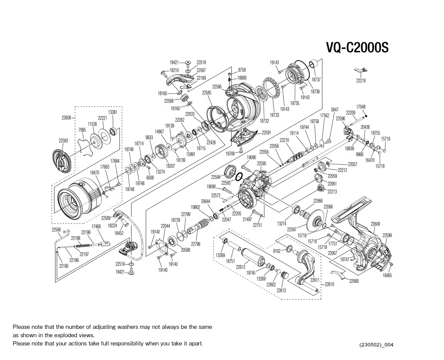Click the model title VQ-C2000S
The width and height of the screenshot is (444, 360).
tap(357, 48)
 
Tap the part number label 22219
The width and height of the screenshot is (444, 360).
tap(361, 81)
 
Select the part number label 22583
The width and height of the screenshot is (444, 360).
tap(63, 141)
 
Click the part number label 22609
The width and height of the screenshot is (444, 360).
tap(375, 224)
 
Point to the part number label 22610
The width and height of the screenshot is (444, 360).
tap(329, 284)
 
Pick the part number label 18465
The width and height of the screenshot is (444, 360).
tap(387, 275)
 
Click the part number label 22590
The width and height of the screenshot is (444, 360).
tap(56, 230)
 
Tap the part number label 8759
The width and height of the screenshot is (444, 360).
tap(242, 70)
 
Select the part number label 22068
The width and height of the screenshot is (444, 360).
tap(354, 281)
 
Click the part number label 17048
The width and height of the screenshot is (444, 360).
tap(361, 107)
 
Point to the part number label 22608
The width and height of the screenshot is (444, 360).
tap(66, 118)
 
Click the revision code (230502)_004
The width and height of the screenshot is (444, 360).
tap(376, 345)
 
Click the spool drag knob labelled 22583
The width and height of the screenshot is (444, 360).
tap(62, 162)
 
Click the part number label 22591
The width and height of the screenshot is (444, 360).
tap(266, 133)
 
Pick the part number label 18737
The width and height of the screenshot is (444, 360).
tap(316, 80)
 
